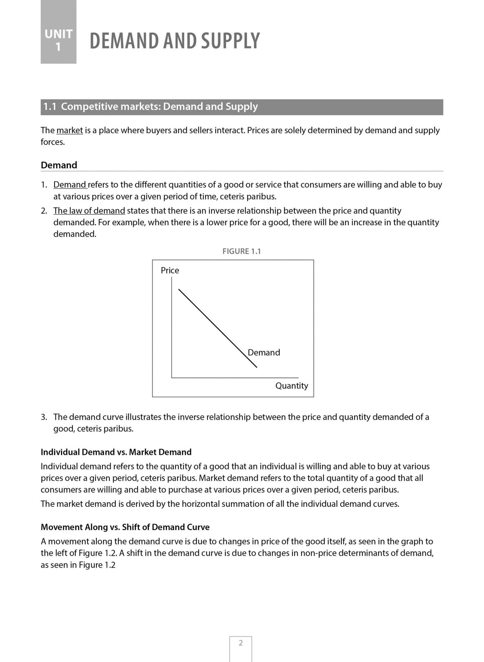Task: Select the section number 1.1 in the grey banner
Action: coord(49,107)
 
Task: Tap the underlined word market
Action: coord(69,131)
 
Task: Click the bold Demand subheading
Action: coord(59,165)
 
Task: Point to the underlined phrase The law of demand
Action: coord(89,211)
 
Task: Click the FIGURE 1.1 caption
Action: coord(241,251)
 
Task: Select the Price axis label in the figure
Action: coord(170,270)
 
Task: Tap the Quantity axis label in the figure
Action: coord(291,386)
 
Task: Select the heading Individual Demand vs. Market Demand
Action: coord(116,452)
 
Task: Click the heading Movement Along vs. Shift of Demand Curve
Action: coord(125,527)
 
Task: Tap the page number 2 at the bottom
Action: coord(241,643)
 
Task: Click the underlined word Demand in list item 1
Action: coord(70,185)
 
